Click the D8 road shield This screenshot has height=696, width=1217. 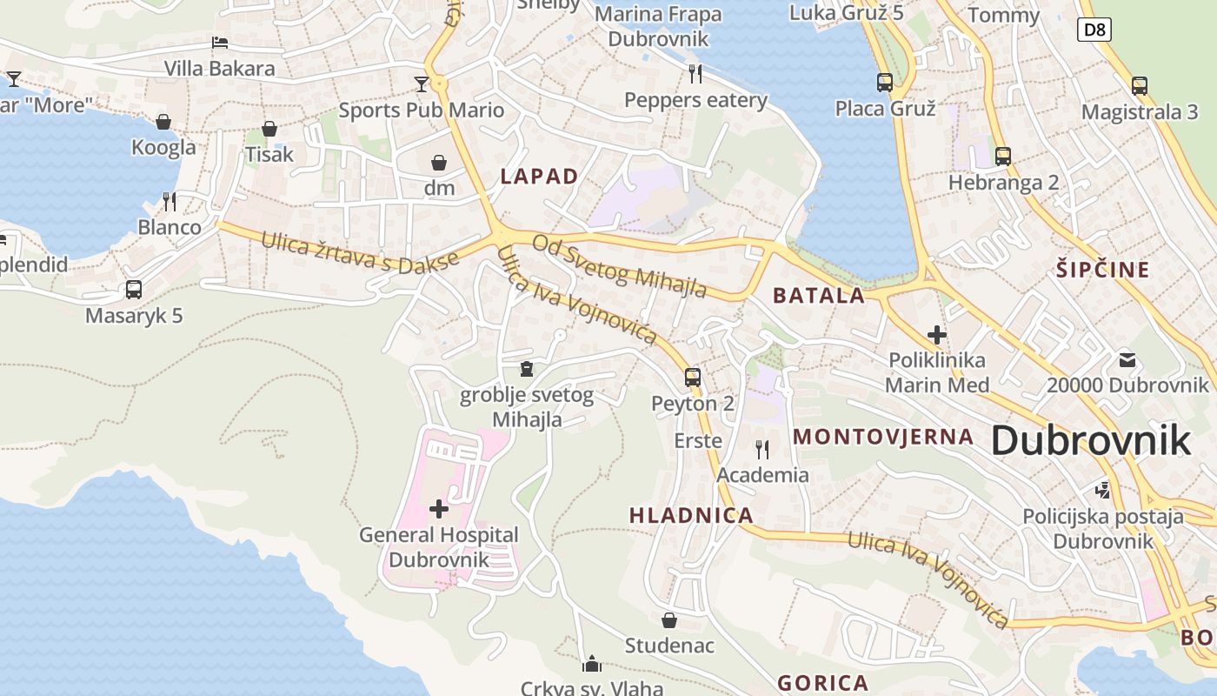tap(1095, 30)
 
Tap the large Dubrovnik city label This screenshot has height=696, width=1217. tap(1090, 440)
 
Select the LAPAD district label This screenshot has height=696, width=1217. tap(539, 177)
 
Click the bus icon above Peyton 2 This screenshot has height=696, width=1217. tap(693, 377)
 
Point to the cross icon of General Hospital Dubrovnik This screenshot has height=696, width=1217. tap(439, 508)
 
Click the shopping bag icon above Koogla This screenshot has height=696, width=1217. tap(163, 122)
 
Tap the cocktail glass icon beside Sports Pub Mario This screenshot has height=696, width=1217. tap(422, 84)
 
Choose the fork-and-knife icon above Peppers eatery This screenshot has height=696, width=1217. tap(695, 73)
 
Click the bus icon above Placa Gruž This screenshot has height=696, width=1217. tap(885, 83)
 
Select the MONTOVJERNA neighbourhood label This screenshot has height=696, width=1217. tap(883, 437)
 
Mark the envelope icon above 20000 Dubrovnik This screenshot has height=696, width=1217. tap(1127, 359)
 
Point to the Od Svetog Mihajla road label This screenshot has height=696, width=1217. tap(619, 265)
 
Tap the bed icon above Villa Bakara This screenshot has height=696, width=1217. tap(220, 42)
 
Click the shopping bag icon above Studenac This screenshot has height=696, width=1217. tap(669, 620)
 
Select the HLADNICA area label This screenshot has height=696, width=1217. tap(691, 515)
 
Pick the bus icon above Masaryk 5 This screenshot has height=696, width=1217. tap(134, 289)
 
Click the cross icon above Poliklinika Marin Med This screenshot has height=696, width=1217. tap(936, 334)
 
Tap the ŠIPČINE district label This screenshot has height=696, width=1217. tap(1103, 270)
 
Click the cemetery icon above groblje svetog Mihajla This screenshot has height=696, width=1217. tap(526, 370)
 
